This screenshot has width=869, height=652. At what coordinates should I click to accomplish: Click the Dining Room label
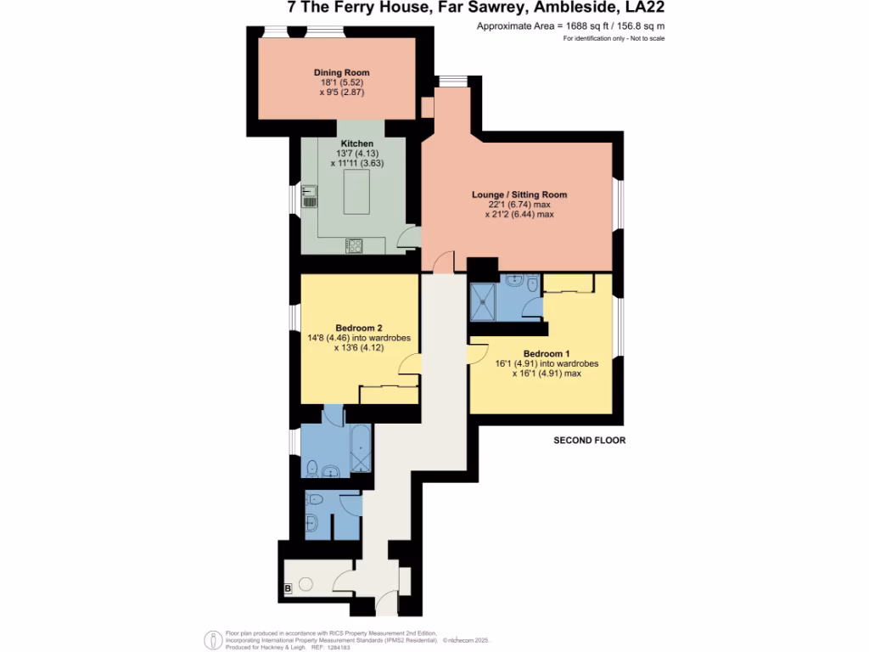click(x=341, y=73)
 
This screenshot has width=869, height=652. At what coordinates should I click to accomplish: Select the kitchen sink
click(x=309, y=197)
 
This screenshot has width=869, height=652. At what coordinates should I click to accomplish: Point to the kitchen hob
click(x=354, y=245)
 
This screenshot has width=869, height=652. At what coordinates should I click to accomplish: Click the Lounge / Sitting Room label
click(x=519, y=195)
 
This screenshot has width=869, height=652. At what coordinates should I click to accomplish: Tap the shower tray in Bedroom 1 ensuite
click(x=486, y=302)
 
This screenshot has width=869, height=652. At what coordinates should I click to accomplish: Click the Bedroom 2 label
click(x=358, y=328)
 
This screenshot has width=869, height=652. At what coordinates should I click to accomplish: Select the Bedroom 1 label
click(x=547, y=353)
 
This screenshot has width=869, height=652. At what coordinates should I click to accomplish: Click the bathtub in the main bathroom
click(x=360, y=450)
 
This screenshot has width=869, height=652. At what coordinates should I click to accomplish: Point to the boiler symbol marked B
click(x=288, y=587)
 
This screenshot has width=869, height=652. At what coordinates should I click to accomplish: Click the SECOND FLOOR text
click(x=589, y=441)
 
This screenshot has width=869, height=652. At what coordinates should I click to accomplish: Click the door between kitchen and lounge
click(x=410, y=238)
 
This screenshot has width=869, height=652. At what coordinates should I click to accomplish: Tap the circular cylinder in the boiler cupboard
click(x=305, y=584)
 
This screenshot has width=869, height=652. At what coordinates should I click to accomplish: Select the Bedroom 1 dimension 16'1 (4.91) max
click(x=552, y=374)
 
